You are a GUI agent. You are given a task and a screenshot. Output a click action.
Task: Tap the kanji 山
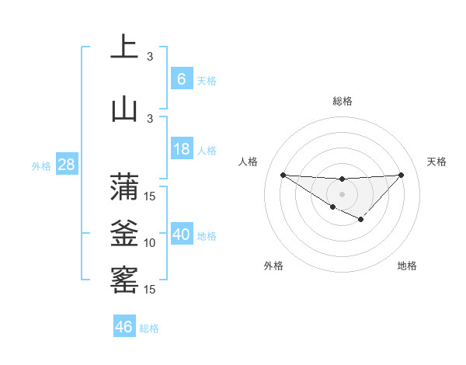tap(124, 108)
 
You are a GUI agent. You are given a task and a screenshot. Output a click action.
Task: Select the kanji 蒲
tap(124, 186)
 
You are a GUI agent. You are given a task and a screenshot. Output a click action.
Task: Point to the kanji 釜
tap(124, 232)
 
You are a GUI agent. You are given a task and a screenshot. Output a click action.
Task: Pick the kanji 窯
tap(124, 279)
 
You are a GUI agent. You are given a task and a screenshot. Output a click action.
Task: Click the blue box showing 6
tap(181, 79)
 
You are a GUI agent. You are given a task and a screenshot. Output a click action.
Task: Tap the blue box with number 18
tap(181, 149)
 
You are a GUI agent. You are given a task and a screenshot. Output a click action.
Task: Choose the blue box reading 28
tap(66, 165)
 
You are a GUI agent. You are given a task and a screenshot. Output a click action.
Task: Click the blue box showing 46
tap(124, 327)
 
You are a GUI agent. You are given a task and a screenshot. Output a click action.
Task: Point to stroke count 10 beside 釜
tap(150, 243)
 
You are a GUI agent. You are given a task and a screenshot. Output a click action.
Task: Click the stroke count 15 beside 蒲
tap(150, 196)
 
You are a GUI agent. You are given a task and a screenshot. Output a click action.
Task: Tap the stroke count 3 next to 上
tap(150, 57)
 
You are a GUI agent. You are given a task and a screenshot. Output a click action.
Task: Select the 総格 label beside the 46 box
tap(149, 328)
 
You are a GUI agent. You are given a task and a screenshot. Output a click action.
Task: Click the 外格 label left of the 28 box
tap(40, 165)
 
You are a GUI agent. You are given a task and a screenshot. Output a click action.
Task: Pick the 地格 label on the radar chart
tap(407, 266)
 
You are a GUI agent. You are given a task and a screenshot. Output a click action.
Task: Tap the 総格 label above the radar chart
tap(342, 101)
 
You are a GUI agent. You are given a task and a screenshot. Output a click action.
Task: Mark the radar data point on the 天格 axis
tap(401, 175)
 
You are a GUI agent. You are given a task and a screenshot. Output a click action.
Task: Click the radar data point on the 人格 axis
tap(283, 175)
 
